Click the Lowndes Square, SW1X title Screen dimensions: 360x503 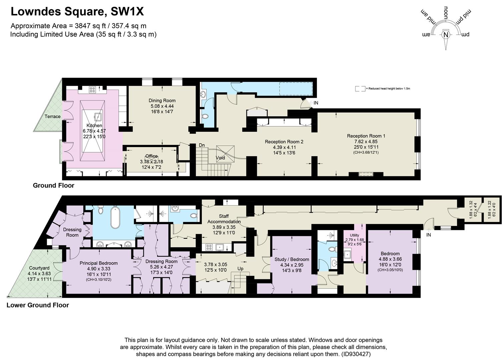click(x=77, y=12)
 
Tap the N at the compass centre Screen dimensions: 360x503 click(x=446, y=34)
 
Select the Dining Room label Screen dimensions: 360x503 click(x=162, y=100)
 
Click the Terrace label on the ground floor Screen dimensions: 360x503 click(x=53, y=116)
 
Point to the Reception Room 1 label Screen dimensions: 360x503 click(x=366, y=136)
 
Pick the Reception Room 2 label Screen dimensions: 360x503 click(x=284, y=142)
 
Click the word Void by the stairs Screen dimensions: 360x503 click(x=220, y=158)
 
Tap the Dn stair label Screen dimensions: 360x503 click(x=202, y=145)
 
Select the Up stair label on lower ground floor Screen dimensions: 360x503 click(x=240, y=269)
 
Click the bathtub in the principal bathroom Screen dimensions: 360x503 click(x=115, y=218)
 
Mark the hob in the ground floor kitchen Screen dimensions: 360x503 click(x=92, y=89)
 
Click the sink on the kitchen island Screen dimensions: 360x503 click(x=98, y=117)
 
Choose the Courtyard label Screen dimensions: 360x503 click(x=39, y=268)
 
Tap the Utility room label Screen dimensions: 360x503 click(x=354, y=235)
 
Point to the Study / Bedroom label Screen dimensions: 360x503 click(x=292, y=259)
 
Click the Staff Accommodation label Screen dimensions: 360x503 click(x=224, y=219)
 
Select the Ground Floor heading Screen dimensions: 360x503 click(x=53, y=185)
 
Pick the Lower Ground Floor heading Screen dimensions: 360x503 click(x=38, y=305)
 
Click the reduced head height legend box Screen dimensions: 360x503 click(x=360, y=89)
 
